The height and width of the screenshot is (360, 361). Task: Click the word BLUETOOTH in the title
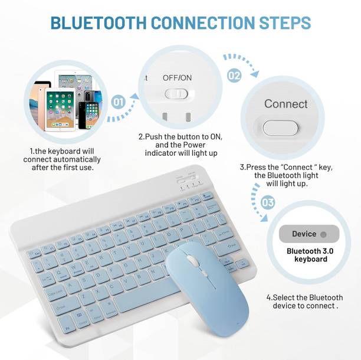pyautogui.click(x=97, y=23)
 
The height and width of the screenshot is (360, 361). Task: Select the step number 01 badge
pyautogui.click(x=119, y=102)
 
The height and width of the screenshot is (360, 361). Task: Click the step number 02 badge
pyautogui.click(x=234, y=75)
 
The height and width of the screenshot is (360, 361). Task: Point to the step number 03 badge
pyautogui.click(x=267, y=203)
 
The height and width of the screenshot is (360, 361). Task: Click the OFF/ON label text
pyautogui.click(x=177, y=78)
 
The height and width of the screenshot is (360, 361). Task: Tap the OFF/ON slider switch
pyautogui.click(x=176, y=93)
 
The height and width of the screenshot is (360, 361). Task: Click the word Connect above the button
pyautogui.click(x=285, y=104)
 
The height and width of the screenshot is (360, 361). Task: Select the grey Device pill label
pyautogui.click(x=309, y=234)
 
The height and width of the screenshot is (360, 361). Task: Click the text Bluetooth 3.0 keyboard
pyautogui.click(x=307, y=255)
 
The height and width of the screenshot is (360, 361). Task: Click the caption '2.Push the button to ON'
pyautogui.click(x=180, y=145)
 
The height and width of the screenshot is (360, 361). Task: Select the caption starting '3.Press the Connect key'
pyautogui.click(x=279, y=175)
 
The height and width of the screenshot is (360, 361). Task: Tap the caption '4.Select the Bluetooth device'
pyautogui.click(x=304, y=302)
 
